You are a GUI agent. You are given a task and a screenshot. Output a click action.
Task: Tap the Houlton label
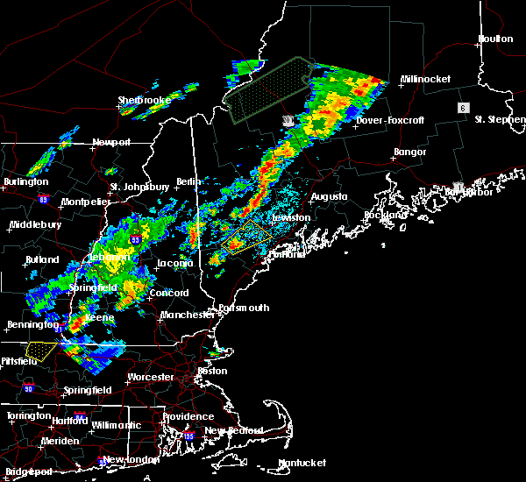[x=495, y=39]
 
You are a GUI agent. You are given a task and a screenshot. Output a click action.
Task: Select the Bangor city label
[x=409, y=152]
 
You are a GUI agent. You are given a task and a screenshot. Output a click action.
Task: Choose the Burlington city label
[x=25, y=181]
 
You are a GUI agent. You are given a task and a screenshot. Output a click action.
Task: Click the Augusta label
[x=329, y=196]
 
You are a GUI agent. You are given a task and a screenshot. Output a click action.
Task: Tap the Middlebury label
[x=34, y=224]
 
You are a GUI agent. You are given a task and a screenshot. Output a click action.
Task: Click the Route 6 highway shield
[x=462, y=107]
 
